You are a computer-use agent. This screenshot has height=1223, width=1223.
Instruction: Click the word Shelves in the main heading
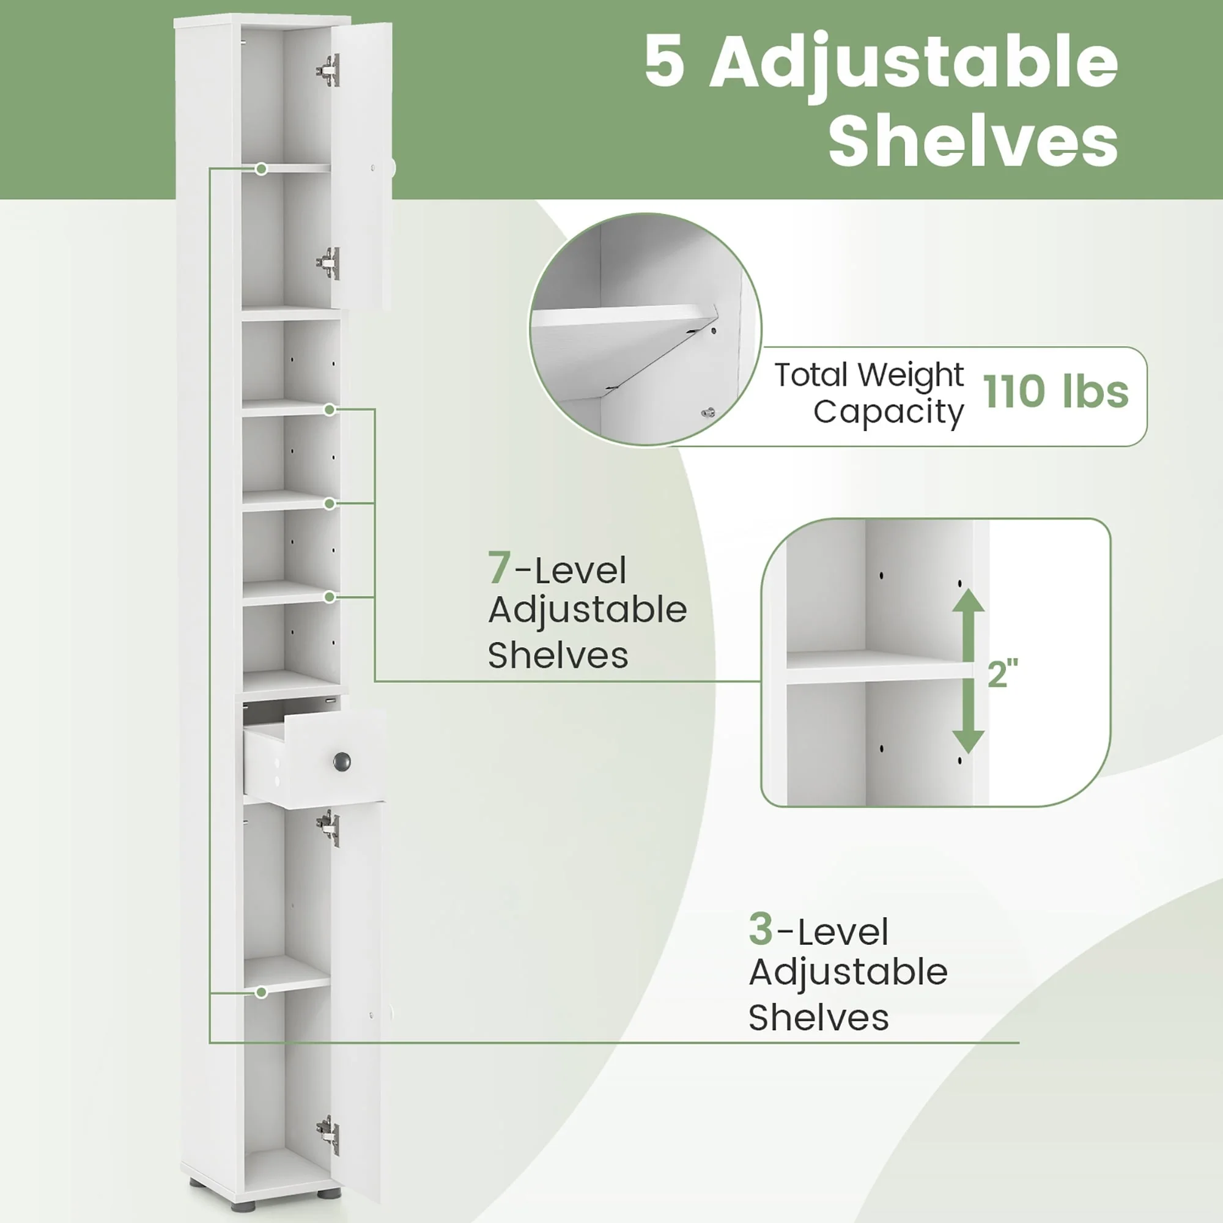point(973,142)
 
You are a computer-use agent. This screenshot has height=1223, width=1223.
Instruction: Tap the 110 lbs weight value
point(1055,391)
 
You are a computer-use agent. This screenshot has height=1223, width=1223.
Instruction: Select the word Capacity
point(888,413)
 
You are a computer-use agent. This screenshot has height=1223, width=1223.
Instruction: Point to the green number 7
point(499,568)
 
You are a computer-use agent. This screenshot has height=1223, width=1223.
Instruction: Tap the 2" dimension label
point(1003,673)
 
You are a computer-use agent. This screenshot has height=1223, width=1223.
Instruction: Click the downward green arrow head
point(969,741)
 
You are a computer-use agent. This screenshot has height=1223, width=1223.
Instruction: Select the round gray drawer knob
point(342,761)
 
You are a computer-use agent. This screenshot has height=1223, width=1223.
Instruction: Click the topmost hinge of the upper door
point(328,70)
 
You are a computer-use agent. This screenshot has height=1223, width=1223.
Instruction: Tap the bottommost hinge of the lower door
point(328,1136)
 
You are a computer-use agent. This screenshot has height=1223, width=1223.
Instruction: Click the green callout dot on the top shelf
point(262,169)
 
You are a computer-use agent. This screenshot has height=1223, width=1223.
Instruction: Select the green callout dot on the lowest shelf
point(262,992)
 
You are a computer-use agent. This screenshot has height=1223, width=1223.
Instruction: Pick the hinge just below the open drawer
point(328,828)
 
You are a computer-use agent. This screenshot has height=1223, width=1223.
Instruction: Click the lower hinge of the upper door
point(328,263)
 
